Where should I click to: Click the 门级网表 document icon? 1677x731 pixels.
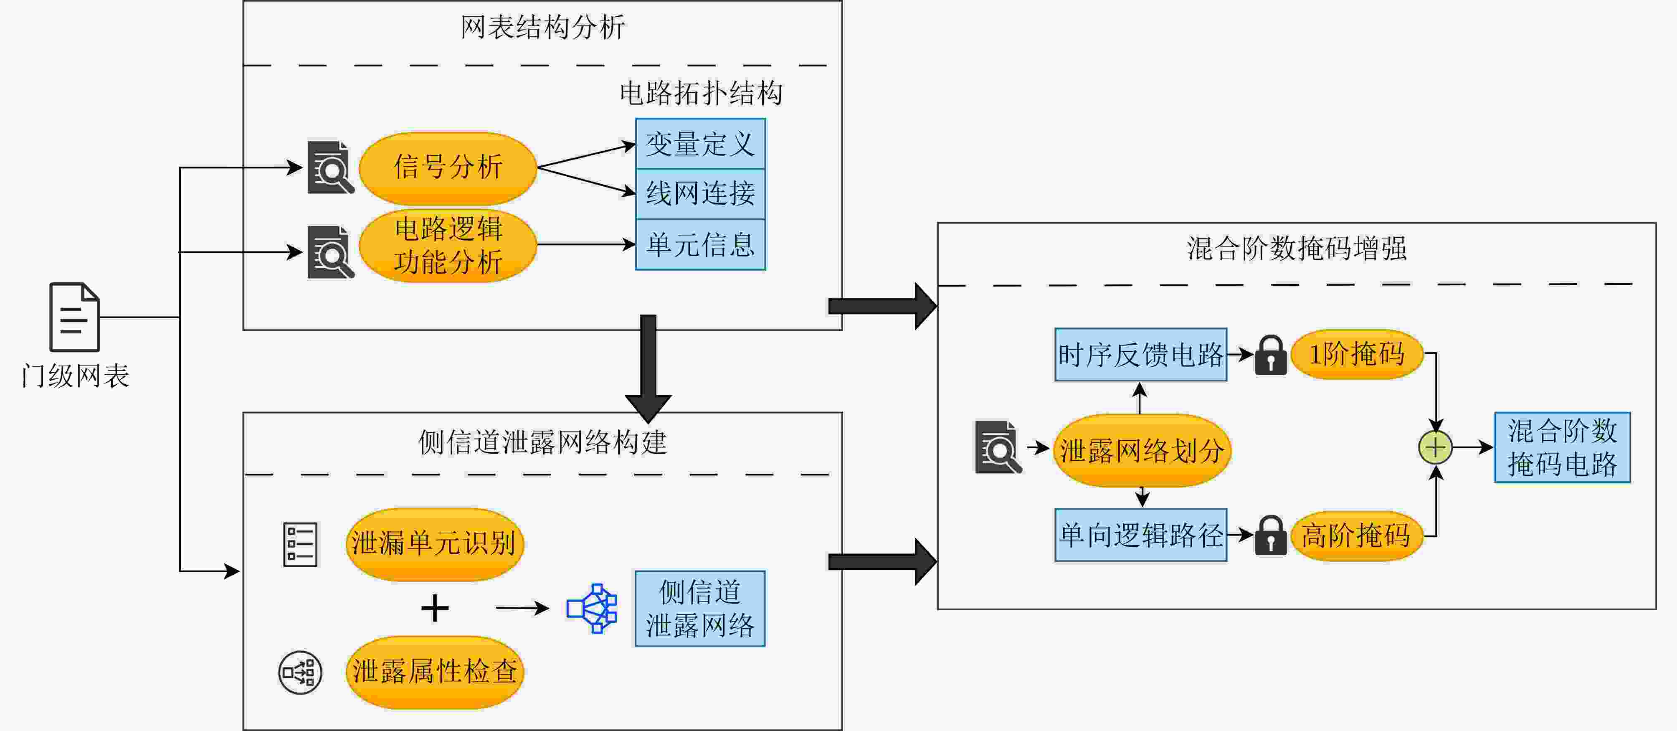(x=74, y=317)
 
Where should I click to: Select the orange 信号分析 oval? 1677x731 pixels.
(x=448, y=167)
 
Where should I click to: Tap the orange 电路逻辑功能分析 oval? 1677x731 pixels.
(x=448, y=245)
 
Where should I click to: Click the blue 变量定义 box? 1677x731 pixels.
(x=700, y=144)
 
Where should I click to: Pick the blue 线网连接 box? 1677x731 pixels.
(x=700, y=193)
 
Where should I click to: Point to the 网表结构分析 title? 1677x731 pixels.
(x=542, y=27)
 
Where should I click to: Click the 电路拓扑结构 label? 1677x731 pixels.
(x=700, y=93)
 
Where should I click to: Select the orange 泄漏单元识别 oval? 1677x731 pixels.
(x=434, y=543)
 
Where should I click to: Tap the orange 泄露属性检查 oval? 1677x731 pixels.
(x=434, y=672)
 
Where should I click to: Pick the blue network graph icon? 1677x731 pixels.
(x=592, y=608)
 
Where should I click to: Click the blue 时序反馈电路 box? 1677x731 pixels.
(x=1140, y=355)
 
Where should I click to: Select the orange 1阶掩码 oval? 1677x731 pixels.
(x=1357, y=355)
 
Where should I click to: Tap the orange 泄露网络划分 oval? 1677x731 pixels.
(x=1142, y=450)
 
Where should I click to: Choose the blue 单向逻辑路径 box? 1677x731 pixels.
(x=1140, y=535)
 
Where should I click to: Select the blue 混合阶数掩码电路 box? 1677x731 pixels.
(x=1562, y=447)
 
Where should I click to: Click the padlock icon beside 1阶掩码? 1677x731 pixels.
(x=1270, y=355)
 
